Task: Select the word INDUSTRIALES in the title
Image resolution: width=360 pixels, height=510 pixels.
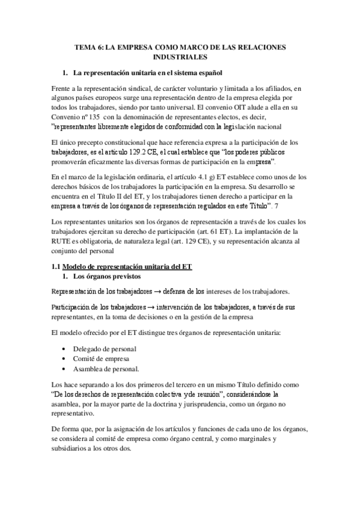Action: [x=180, y=57]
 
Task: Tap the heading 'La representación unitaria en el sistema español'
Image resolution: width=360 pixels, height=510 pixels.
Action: [x=148, y=73]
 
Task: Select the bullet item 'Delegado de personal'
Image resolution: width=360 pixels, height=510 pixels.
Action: [x=104, y=348]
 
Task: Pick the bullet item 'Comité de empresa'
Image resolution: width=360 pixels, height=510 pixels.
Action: [x=100, y=358]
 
